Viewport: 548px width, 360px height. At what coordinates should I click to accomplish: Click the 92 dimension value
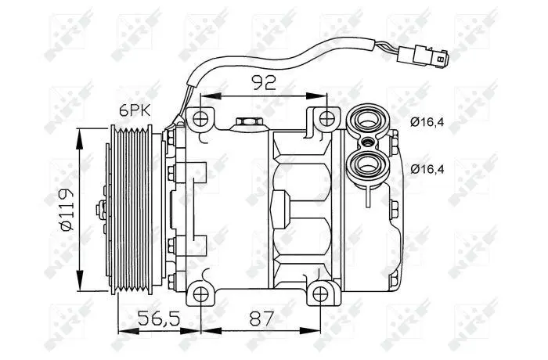point(265,82)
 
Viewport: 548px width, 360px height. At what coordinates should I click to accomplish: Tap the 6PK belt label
point(135,110)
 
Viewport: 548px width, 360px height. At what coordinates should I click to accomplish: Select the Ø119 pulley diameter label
point(67,210)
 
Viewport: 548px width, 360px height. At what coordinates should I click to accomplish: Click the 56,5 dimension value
point(159,319)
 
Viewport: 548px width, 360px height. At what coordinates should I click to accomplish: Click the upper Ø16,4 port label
point(427,122)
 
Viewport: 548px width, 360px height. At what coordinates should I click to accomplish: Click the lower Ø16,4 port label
point(427,169)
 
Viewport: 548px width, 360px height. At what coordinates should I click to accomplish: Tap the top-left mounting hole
point(200,119)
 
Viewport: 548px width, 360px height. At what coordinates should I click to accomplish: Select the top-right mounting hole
point(326,119)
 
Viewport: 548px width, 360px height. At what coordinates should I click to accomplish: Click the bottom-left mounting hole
point(200,294)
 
